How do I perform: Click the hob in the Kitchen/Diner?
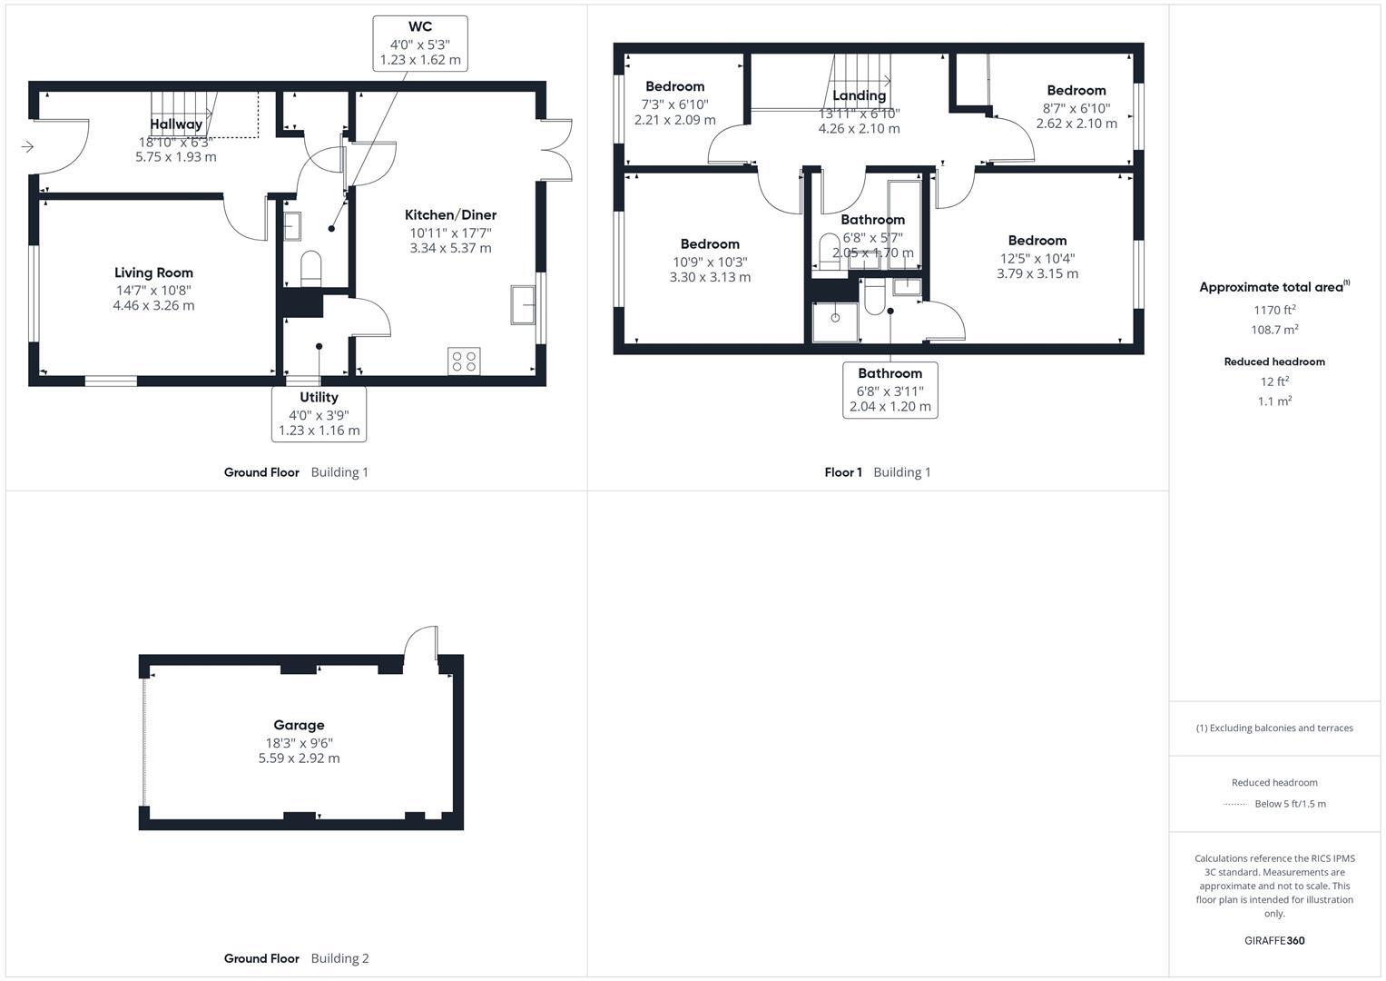click(465, 361)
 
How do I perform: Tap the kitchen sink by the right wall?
click(523, 305)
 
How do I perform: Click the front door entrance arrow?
click(27, 146)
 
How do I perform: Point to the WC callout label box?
click(420, 44)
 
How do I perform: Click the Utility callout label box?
click(319, 414)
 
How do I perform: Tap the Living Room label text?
click(153, 272)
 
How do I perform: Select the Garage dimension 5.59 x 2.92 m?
click(299, 758)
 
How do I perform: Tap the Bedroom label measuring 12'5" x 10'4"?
click(1037, 241)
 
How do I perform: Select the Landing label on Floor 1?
click(859, 95)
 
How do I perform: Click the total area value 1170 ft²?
click(1273, 310)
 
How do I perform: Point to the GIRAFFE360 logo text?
click(1273, 940)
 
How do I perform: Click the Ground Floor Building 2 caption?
click(296, 958)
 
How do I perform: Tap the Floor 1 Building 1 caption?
click(877, 472)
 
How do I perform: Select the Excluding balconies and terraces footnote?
click(1273, 728)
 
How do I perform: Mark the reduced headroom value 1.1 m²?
click(1273, 401)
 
